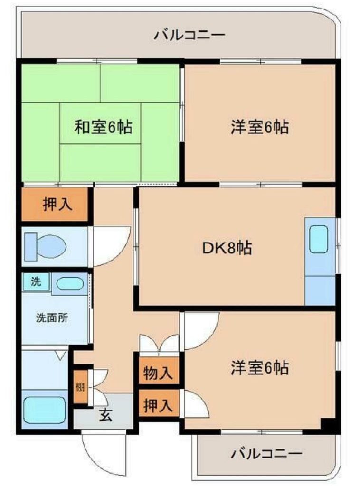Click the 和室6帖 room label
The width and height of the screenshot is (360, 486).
point(103,127)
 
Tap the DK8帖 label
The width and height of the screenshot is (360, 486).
point(227,248)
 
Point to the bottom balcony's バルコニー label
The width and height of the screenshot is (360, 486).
point(266,454)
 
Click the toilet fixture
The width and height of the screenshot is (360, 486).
point(46,247)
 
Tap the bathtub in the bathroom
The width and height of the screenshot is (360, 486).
point(45,410)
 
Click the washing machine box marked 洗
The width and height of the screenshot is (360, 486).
point(36,282)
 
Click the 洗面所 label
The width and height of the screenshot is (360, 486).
point(52,318)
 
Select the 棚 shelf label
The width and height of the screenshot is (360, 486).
point(80,386)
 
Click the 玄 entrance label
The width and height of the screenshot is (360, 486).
point(105,415)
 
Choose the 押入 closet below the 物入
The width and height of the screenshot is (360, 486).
point(159,404)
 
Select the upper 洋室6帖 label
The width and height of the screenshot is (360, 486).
point(259,127)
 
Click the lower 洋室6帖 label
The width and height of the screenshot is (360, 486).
point(259,368)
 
